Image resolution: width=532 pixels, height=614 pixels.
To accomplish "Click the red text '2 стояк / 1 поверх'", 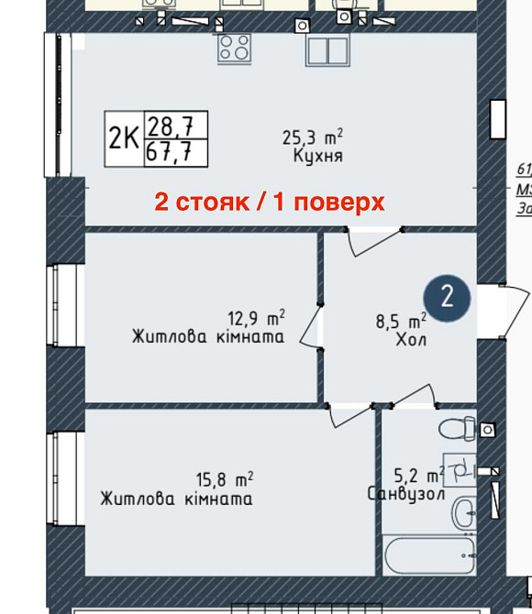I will point(269,203).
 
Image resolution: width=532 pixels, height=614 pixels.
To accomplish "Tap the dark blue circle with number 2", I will point(447,296).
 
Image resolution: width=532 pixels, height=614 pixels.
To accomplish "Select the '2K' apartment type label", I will point(124,139).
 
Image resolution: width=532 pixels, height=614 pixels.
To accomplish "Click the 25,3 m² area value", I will point(312,138).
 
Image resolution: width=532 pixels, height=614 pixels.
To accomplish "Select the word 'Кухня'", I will point(317,157).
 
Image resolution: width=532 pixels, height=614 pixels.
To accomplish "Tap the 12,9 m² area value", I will point(256,319).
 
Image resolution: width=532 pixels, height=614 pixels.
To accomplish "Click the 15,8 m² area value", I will point(225,479).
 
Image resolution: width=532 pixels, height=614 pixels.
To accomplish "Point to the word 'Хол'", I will point(411,340).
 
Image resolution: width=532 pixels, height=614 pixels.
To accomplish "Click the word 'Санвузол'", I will point(406,494).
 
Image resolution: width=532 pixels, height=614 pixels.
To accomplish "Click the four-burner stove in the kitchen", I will point(233,48).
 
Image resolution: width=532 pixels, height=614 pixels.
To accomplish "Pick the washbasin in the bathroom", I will point(464,510).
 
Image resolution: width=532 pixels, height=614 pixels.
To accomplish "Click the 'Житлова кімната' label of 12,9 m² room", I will point(207,337).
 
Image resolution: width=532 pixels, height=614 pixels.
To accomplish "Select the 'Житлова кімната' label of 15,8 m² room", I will point(177,499).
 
